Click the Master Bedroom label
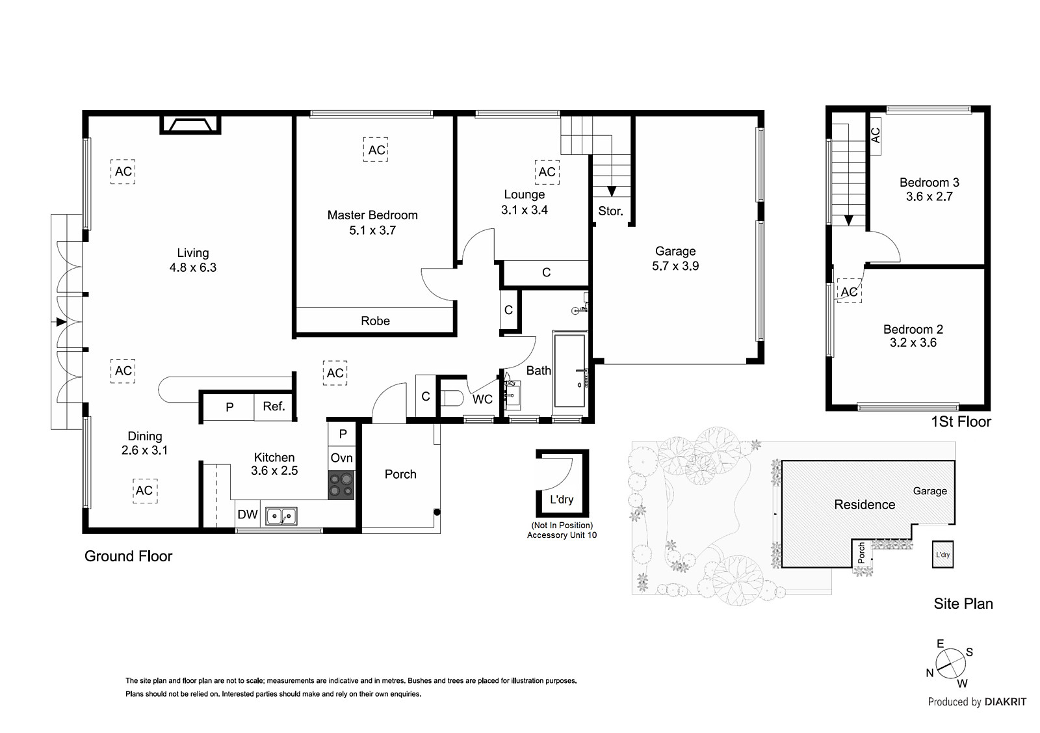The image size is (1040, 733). tap(372, 215)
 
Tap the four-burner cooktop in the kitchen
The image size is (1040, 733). tap(341, 485)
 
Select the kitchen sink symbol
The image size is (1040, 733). tap(281, 516)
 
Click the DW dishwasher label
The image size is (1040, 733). tap(247, 514)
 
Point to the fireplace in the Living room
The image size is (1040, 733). tap(191, 125)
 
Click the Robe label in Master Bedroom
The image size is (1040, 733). tap(375, 321)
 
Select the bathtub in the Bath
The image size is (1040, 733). tap(569, 371)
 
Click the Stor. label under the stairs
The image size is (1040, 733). tap(610, 211)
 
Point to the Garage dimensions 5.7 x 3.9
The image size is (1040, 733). tap(675, 266)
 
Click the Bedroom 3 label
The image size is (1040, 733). tap(929, 183)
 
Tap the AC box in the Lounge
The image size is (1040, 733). tap(547, 172)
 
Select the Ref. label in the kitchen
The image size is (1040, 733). tap(274, 406)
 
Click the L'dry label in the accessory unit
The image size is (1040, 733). tap(562, 500)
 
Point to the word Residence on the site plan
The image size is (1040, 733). tap(864, 505)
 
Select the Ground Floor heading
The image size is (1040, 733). tap(129, 556)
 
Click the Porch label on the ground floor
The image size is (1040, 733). tap(400, 474)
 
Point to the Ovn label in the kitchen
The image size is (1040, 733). tap(341, 458)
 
